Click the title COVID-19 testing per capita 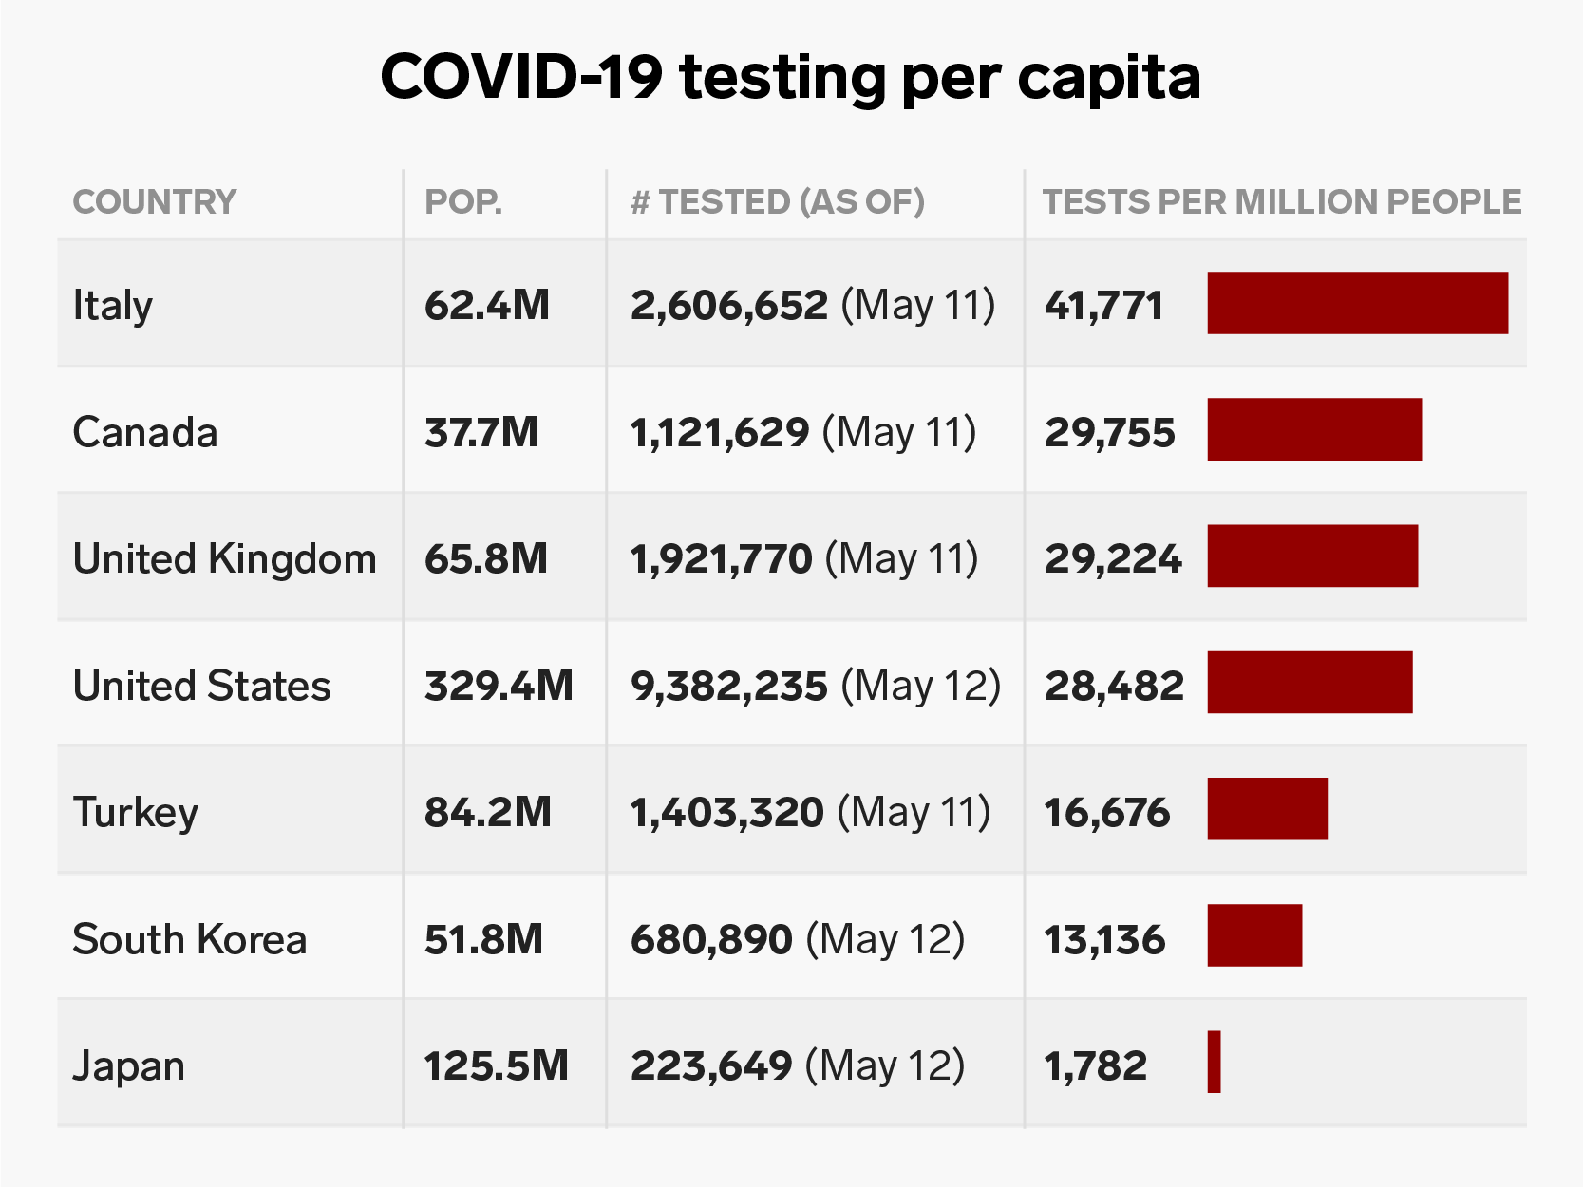click(790, 78)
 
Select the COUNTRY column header click(154, 202)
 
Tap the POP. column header click(463, 202)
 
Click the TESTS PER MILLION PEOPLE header click(1282, 202)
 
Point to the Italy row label click(112, 306)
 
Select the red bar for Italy click(1357, 303)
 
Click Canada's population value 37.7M click(481, 433)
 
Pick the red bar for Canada click(1314, 429)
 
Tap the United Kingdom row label click(224, 559)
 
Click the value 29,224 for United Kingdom click(1113, 559)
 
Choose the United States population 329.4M click(499, 686)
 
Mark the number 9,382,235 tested click(729, 686)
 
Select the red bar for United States click(1310, 682)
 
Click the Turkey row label click(135, 813)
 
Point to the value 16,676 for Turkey click(1107, 813)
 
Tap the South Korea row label click(189, 940)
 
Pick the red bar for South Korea click(1254, 935)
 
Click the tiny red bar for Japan click(1214, 1062)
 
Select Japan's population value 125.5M click(496, 1066)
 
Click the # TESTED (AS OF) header click(778, 202)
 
